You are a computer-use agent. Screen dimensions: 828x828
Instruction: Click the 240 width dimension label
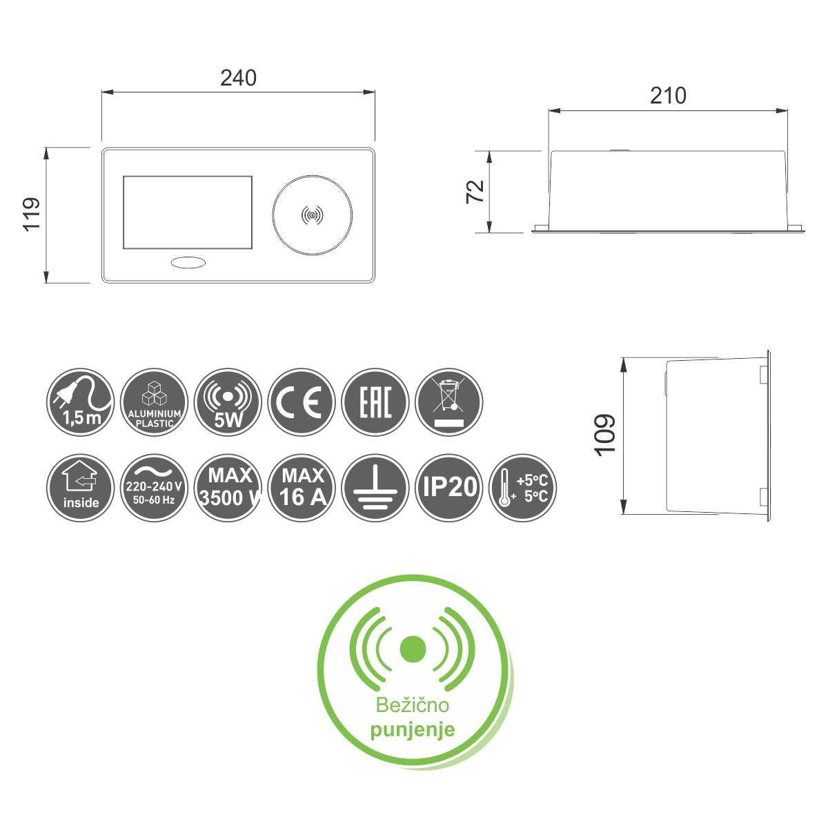pyautogui.click(x=238, y=78)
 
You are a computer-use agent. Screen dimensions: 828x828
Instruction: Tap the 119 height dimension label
pyautogui.click(x=32, y=215)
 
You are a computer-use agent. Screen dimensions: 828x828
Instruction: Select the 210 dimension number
pyautogui.click(x=668, y=96)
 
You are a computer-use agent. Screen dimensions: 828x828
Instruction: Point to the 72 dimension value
pyautogui.click(x=475, y=192)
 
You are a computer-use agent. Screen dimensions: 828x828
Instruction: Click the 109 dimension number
pyautogui.click(x=604, y=435)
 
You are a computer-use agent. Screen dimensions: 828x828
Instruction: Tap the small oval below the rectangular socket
pyautogui.click(x=188, y=262)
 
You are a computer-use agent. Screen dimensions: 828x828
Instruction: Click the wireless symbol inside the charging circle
pyautogui.click(x=313, y=215)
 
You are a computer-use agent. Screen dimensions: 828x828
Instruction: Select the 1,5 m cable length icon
pyautogui.click(x=80, y=402)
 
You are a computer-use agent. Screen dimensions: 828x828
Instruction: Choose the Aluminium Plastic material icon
pyautogui.click(x=155, y=402)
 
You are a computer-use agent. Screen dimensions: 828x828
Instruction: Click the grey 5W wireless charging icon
pyautogui.click(x=228, y=402)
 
